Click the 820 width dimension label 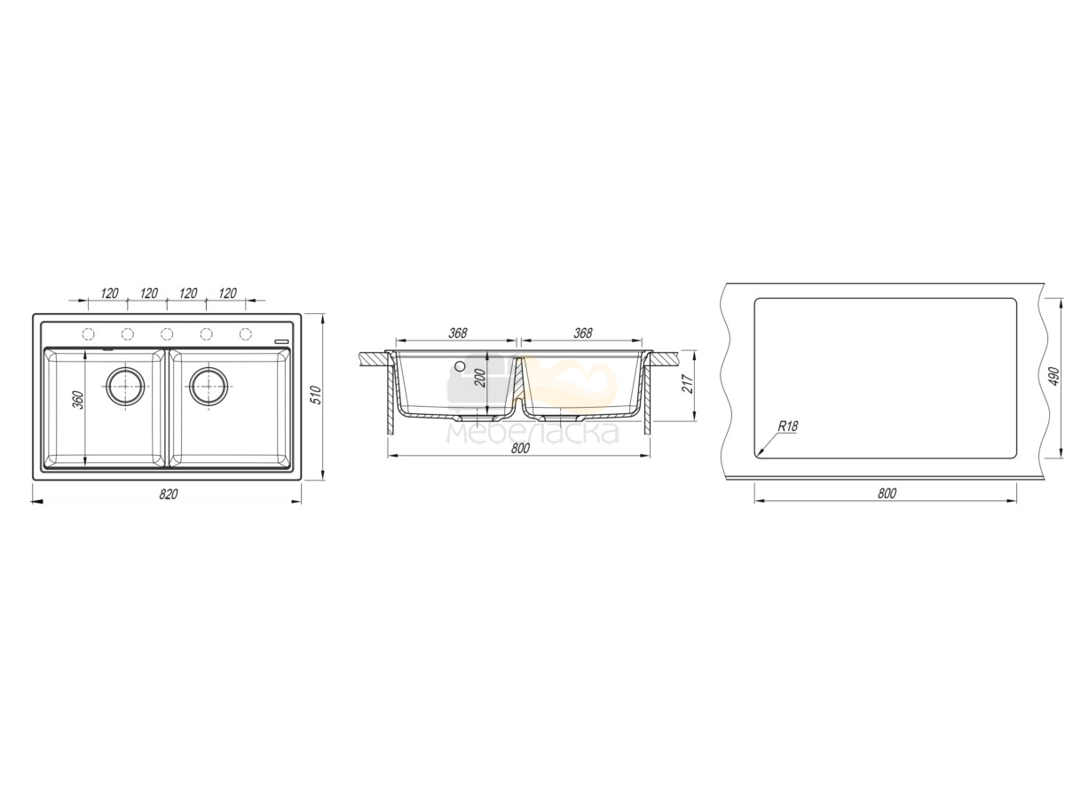click(x=168, y=494)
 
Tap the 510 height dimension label click(x=316, y=395)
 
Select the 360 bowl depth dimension click(x=78, y=400)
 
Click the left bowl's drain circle click(x=126, y=387)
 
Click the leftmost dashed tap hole click(x=88, y=334)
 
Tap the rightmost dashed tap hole click(x=246, y=334)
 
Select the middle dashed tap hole click(x=167, y=334)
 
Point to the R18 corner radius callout click(x=787, y=426)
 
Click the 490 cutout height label click(x=1054, y=377)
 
